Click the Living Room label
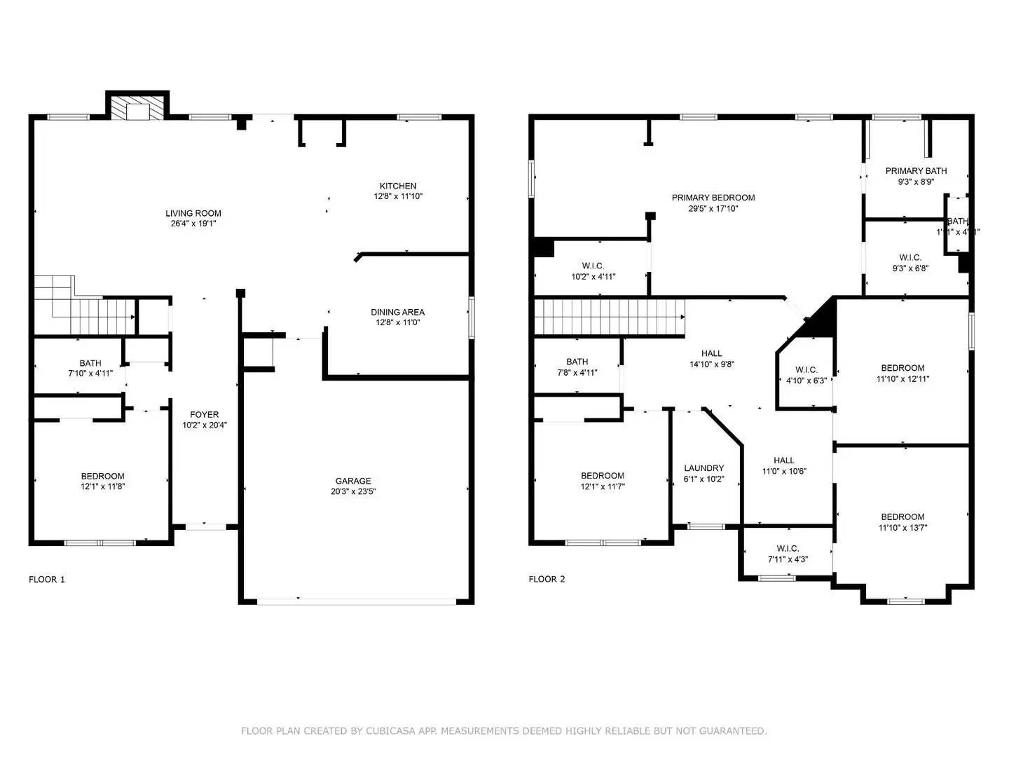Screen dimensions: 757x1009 coord(193,213)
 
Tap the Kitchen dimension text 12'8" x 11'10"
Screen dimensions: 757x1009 coord(398,197)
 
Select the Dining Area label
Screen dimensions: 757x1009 coord(397,312)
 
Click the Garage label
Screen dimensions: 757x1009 coord(353,481)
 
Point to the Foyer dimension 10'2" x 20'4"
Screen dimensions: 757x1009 coord(205,425)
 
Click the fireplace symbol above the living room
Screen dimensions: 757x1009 coord(137,107)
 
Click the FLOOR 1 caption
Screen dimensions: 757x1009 coord(47,579)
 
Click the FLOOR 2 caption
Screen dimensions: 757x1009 coord(547,579)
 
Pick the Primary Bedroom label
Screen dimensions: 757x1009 coord(713,198)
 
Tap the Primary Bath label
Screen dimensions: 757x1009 coord(916,171)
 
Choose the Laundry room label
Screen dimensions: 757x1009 coord(703,468)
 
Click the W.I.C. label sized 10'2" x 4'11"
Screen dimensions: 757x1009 coord(593,266)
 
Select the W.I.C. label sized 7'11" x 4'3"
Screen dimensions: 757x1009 coord(788,548)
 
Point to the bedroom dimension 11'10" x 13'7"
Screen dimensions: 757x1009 coord(902,528)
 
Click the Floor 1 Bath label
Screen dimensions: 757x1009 coord(90,363)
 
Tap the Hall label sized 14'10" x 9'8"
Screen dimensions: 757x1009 coord(711,353)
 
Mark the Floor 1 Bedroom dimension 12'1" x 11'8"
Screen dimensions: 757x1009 coord(102,486)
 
